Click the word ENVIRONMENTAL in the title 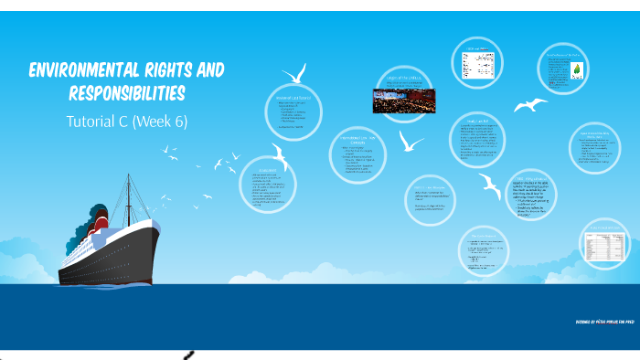[84, 71]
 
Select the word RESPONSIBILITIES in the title [127, 94]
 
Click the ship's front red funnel [99, 220]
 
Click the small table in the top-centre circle [477, 63]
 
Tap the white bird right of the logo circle [530, 105]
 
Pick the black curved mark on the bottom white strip [189, 355]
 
